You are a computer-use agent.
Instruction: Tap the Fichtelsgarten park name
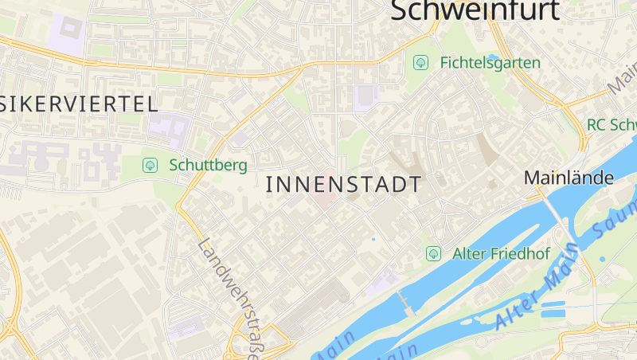pos(490,62)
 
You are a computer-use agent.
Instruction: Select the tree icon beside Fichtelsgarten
pos(420,62)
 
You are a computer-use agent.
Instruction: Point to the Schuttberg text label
pos(208,166)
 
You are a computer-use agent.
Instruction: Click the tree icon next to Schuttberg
pos(149,166)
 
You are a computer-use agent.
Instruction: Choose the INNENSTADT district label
pos(343,185)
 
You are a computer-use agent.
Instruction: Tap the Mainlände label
pos(569,178)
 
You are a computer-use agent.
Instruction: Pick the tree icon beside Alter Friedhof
pos(433,254)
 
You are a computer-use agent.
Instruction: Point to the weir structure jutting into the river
pos(406,303)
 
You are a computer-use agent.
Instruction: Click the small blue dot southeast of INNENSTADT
pos(373,239)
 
